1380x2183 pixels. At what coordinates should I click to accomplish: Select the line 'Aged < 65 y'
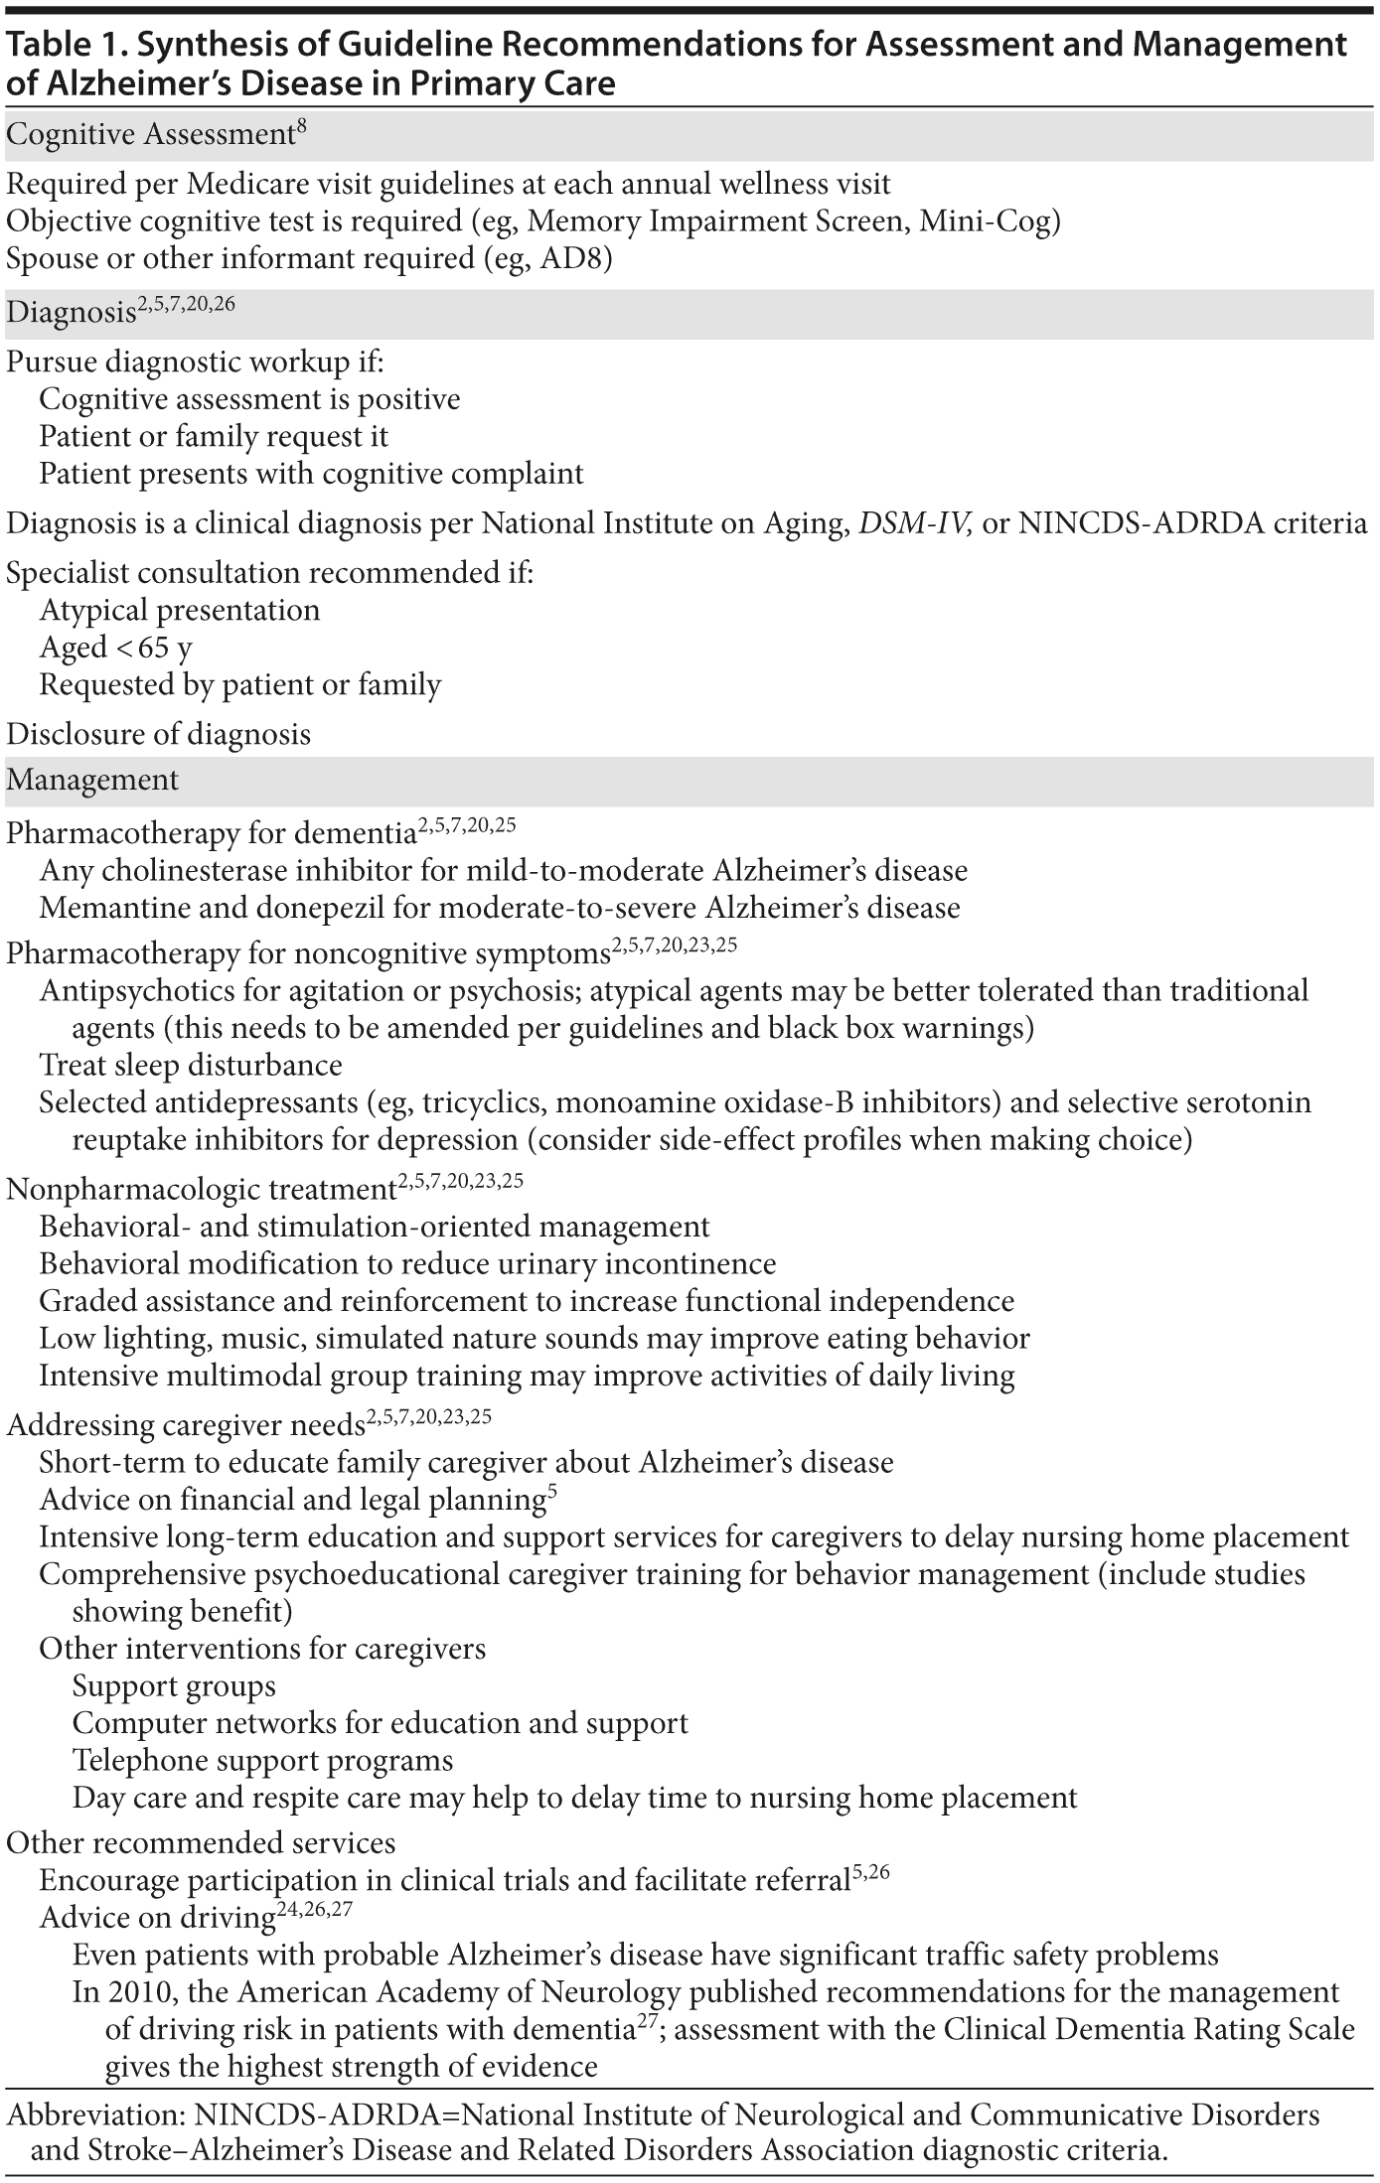(116, 648)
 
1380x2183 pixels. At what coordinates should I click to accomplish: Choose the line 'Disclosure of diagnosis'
(158, 735)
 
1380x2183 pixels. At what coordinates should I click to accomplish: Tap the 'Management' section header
(92, 781)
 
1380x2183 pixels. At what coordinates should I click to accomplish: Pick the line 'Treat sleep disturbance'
(191, 1066)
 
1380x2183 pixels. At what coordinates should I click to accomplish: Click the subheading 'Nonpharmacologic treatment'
(202, 1189)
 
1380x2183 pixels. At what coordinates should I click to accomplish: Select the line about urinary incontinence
(407, 1264)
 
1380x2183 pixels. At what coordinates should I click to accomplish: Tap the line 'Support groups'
(174, 1686)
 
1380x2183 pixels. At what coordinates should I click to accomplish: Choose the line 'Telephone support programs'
(262, 1761)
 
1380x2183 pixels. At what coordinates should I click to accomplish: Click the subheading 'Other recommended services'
(201, 1843)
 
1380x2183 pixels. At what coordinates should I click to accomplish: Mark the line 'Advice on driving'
(157, 1919)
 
